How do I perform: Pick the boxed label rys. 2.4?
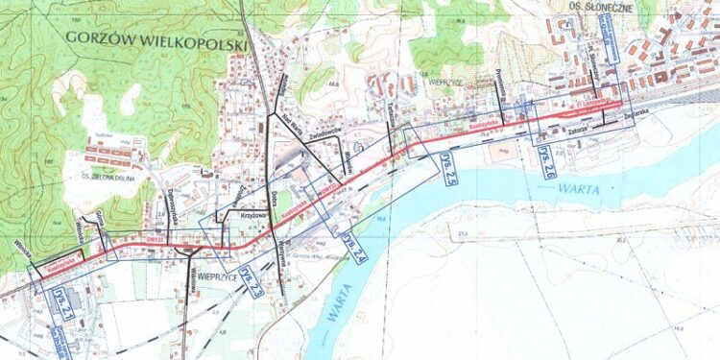click(x=353, y=248)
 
